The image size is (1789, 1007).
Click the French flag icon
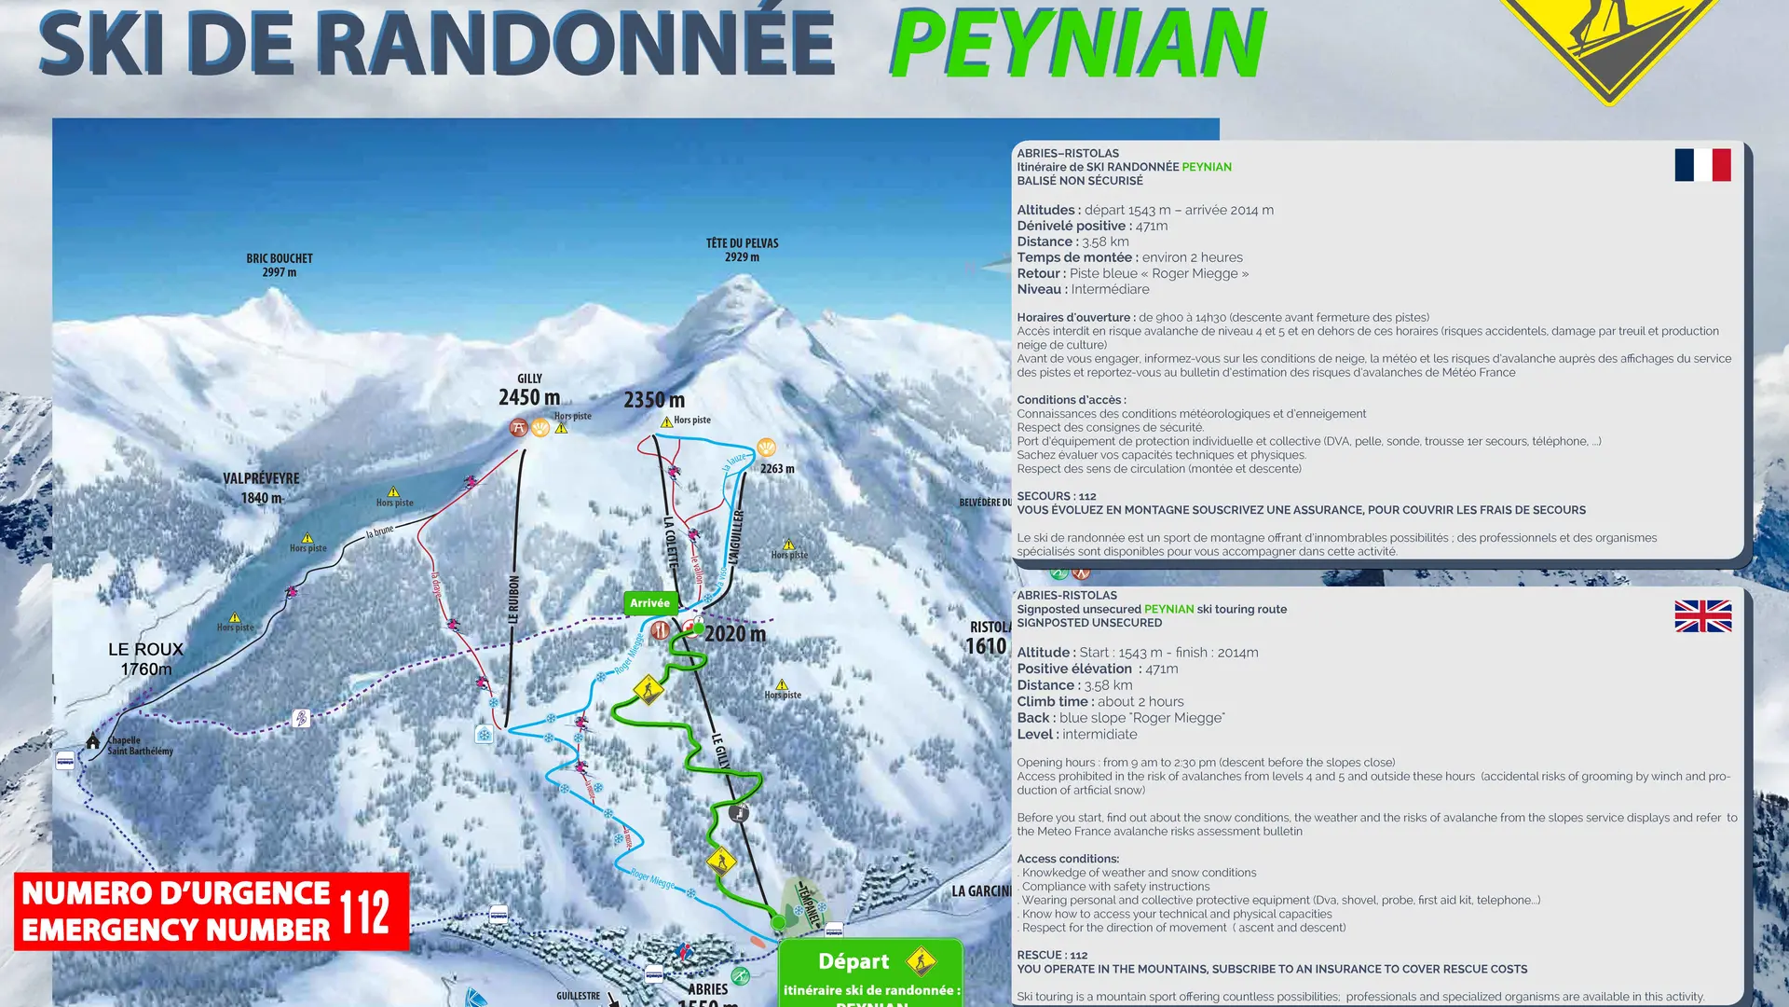1702,165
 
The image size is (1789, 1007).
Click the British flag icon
1702,616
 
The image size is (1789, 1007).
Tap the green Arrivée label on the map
649,603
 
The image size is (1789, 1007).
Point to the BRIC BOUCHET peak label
280,265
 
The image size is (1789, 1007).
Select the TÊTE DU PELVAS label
742,250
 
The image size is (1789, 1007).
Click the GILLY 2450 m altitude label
529,392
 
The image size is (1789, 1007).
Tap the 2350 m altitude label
654,400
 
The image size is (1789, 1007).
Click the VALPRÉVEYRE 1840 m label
261,488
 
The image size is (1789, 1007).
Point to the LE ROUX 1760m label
146,658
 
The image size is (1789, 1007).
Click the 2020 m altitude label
735,634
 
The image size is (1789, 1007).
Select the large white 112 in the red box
364,911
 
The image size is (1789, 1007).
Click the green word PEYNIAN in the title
1078,45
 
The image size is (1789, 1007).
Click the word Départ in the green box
854,961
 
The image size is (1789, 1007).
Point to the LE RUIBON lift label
513,599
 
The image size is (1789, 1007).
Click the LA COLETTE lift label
671,543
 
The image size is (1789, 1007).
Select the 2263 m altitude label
777,468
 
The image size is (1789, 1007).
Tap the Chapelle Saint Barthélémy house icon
93,741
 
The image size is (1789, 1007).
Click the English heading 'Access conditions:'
1068,859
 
